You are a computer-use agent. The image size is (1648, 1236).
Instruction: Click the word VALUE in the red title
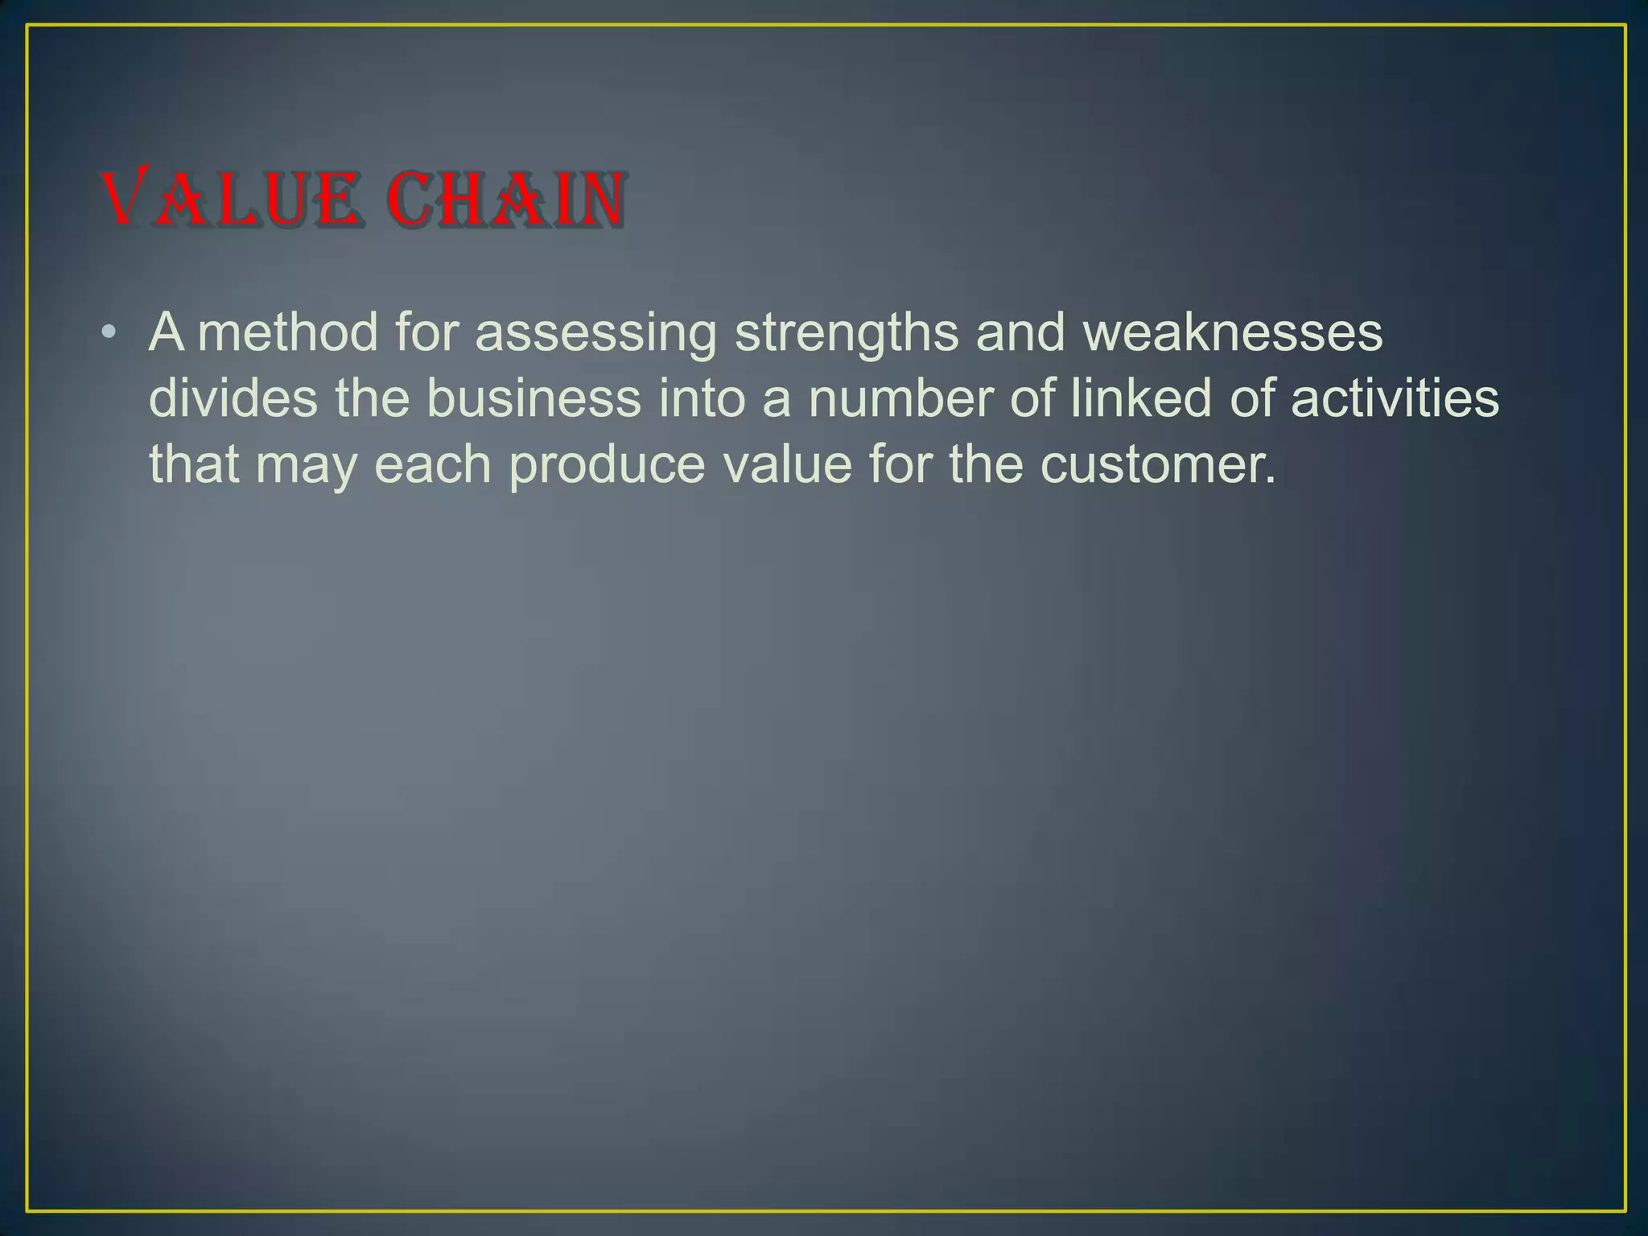coord(229,199)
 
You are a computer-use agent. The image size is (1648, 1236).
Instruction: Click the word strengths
coord(847,333)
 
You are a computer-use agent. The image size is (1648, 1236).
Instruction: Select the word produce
coord(607,465)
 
